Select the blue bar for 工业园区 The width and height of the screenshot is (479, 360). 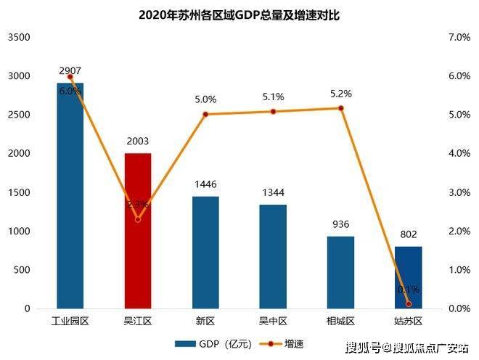70,196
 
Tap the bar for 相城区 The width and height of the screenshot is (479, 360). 340,272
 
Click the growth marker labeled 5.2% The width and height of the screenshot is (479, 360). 340,108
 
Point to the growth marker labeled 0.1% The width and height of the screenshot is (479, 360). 408,304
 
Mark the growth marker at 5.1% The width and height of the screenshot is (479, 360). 273,111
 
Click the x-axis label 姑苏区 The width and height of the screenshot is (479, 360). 408,320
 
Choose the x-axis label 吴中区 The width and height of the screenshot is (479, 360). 273,320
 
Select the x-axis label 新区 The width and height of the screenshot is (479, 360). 205,320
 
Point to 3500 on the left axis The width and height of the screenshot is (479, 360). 20,37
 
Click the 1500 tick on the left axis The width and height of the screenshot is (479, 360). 20,192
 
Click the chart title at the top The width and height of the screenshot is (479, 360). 239,14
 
